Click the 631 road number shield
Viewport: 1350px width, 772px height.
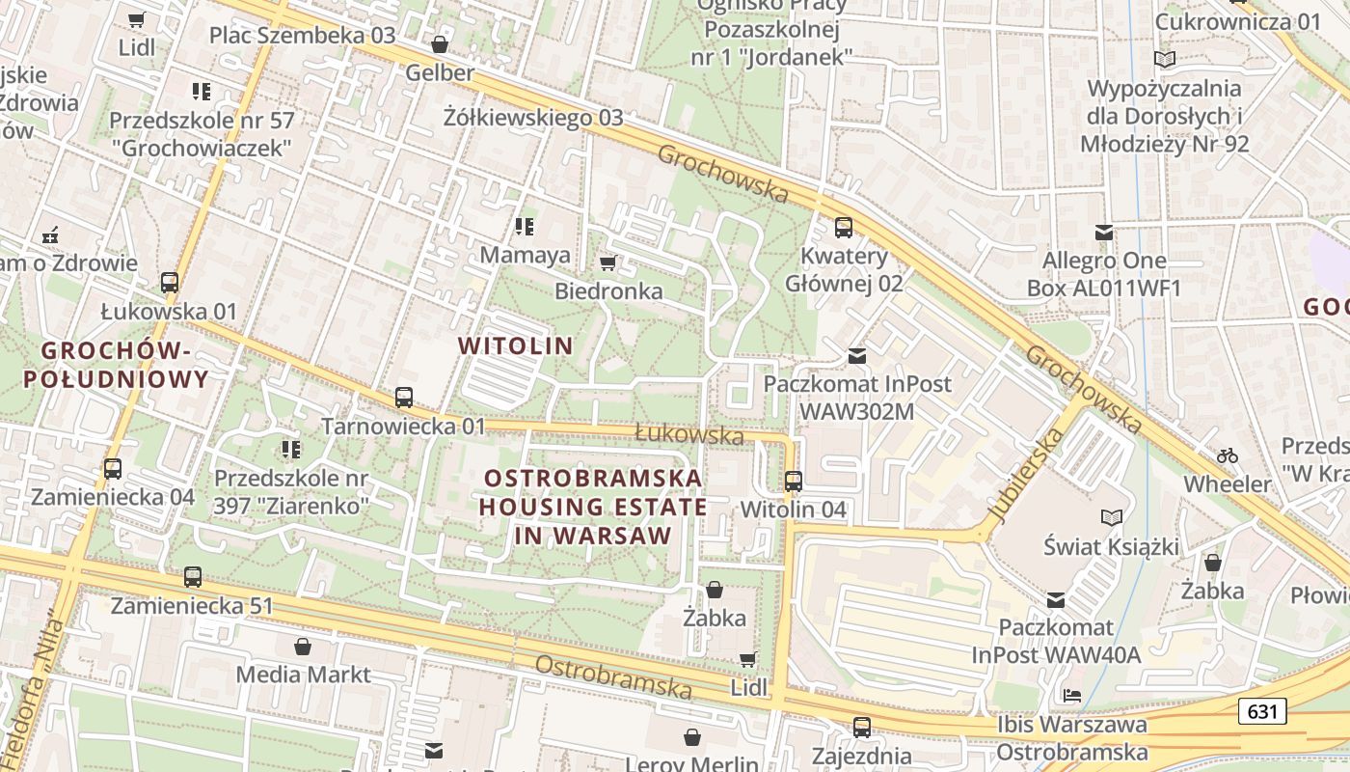(x=1262, y=712)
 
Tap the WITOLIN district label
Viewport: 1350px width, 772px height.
(x=515, y=345)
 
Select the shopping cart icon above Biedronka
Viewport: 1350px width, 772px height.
(x=607, y=262)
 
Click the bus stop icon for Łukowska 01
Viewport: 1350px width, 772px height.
(x=170, y=283)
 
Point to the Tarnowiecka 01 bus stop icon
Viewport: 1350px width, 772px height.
(x=404, y=397)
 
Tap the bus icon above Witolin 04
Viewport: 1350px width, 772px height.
(x=794, y=481)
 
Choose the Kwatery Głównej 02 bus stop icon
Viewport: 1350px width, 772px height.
(x=844, y=228)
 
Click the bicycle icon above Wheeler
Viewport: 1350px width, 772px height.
(x=1227, y=455)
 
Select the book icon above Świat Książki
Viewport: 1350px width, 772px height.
(x=1112, y=518)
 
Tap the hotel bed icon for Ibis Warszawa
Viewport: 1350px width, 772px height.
(x=1071, y=696)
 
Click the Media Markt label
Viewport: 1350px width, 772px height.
(x=303, y=674)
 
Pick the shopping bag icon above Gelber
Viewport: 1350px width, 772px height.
(x=440, y=44)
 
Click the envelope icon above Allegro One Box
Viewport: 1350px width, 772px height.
(x=1104, y=232)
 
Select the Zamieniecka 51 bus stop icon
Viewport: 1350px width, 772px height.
(x=193, y=577)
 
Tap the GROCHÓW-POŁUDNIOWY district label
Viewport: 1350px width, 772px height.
(x=116, y=364)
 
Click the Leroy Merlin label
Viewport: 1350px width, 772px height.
(x=687, y=762)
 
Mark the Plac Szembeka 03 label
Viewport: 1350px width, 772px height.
(x=303, y=36)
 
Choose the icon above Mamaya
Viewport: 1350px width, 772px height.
(x=525, y=227)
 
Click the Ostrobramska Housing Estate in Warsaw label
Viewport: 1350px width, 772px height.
(x=594, y=507)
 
